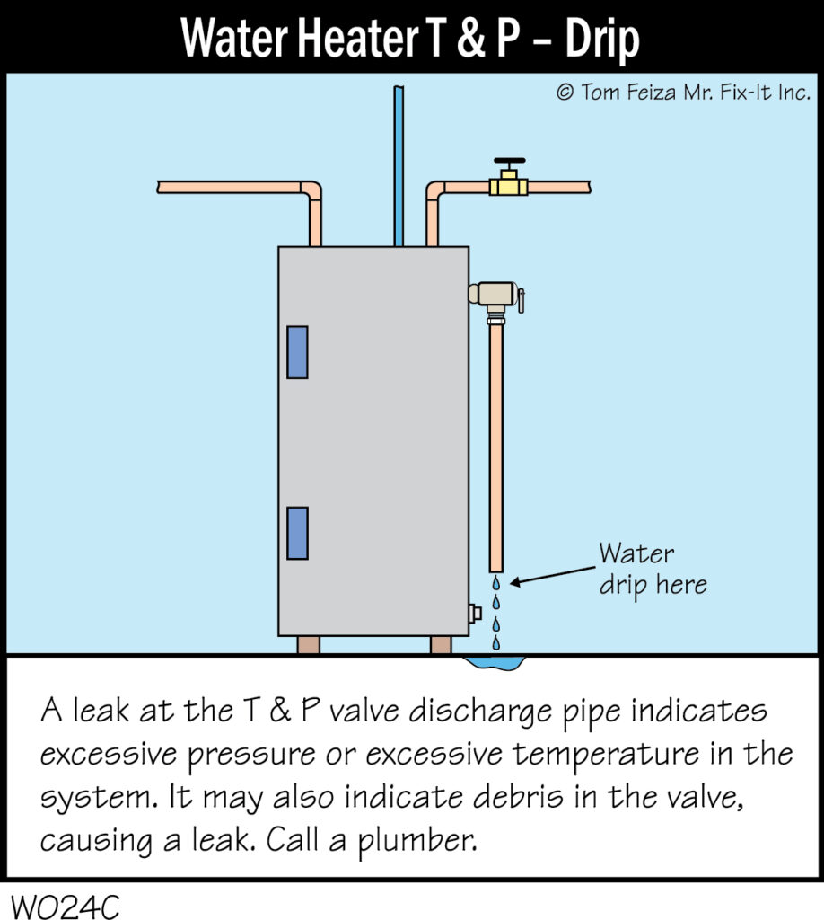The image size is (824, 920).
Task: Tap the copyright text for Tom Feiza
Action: click(683, 93)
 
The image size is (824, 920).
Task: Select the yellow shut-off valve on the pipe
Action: click(508, 187)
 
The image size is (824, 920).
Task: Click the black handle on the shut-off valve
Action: click(509, 164)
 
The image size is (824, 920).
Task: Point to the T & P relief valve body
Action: click(492, 294)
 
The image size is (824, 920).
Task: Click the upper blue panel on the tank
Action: click(297, 351)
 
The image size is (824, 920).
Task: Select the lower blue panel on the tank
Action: click(297, 532)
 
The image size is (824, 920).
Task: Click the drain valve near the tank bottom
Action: click(475, 613)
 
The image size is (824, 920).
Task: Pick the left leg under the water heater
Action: click(308, 644)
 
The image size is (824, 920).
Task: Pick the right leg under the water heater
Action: click(441, 644)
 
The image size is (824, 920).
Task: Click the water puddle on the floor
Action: click(494, 663)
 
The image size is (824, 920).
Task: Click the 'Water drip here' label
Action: click(652, 569)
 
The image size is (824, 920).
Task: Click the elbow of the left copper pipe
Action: click(311, 192)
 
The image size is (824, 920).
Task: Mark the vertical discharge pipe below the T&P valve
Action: click(495, 440)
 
